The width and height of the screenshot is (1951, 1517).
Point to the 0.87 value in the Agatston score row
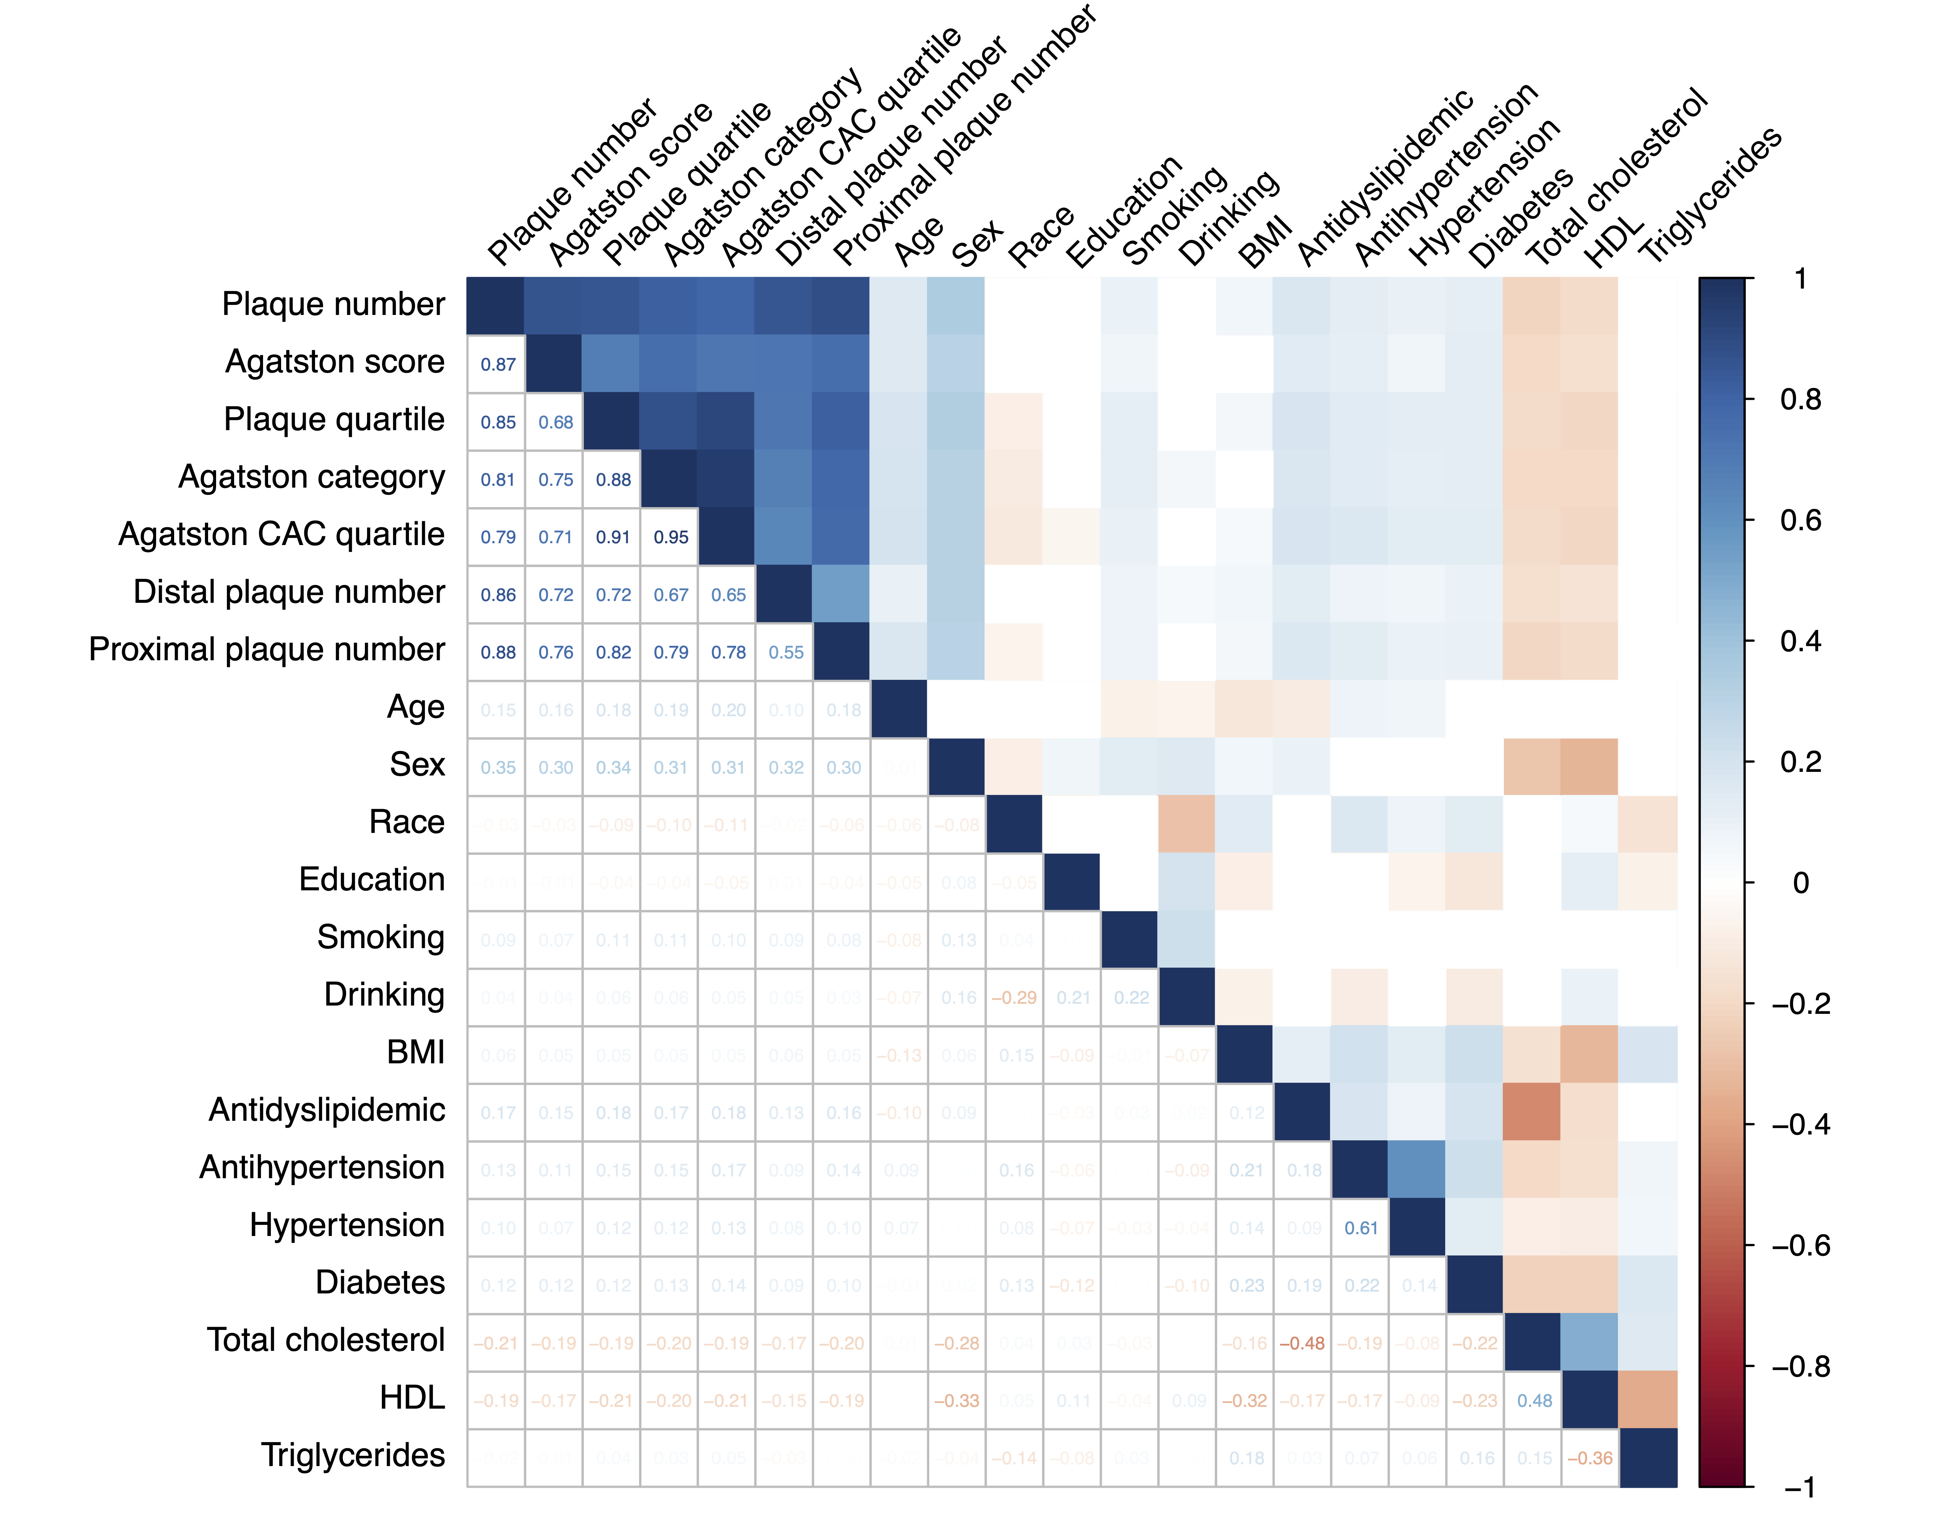coord(498,364)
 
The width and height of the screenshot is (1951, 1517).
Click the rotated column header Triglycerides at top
coord(1711,196)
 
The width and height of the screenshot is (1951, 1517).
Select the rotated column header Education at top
coord(1124,212)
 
